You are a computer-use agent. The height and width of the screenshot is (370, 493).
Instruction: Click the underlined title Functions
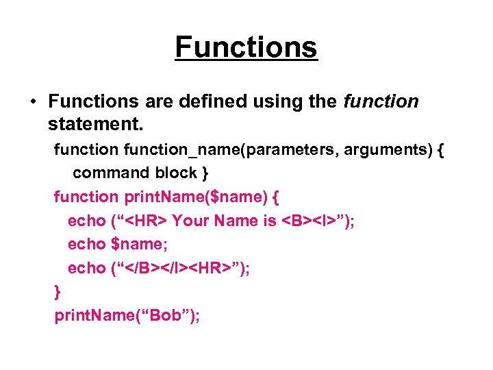coord(246,47)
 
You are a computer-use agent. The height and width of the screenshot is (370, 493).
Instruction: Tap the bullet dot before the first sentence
coord(33,102)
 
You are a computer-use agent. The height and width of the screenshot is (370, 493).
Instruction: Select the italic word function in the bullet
coord(381,101)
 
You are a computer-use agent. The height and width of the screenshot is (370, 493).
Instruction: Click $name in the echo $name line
coord(134,244)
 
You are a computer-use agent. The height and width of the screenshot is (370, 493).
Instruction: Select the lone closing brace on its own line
coord(58,292)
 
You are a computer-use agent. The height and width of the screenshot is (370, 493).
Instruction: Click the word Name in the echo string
coord(234,220)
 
